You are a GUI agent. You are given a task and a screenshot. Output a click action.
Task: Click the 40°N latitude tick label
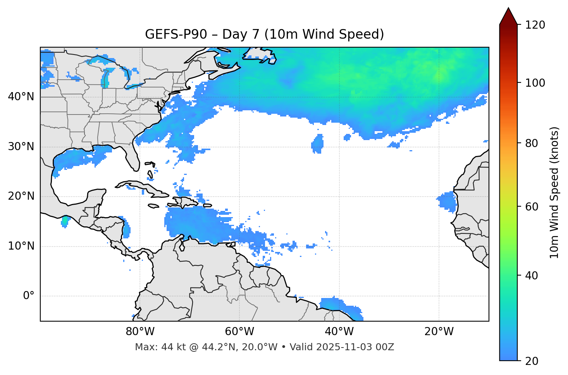(x=21, y=97)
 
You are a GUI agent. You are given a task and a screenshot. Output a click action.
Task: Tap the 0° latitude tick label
(x=29, y=296)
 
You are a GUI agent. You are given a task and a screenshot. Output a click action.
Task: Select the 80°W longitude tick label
(x=140, y=332)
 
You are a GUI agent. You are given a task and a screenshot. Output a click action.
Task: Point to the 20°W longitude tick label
(x=439, y=332)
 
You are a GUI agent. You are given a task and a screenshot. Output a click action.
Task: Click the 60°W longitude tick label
(x=239, y=332)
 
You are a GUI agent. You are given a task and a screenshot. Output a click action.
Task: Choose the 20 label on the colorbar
(x=532, y=361)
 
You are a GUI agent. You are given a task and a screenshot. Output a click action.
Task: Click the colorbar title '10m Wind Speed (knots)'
(x=554, y=193)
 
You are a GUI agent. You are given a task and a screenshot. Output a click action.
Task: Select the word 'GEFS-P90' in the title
(x=171, y=34)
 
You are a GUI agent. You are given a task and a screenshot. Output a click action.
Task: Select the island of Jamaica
(x=153, y=206)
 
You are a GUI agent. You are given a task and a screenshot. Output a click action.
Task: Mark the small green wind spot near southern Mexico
(x=65, y=221)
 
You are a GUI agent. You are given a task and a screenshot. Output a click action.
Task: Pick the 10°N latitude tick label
(x=21, y=246)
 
